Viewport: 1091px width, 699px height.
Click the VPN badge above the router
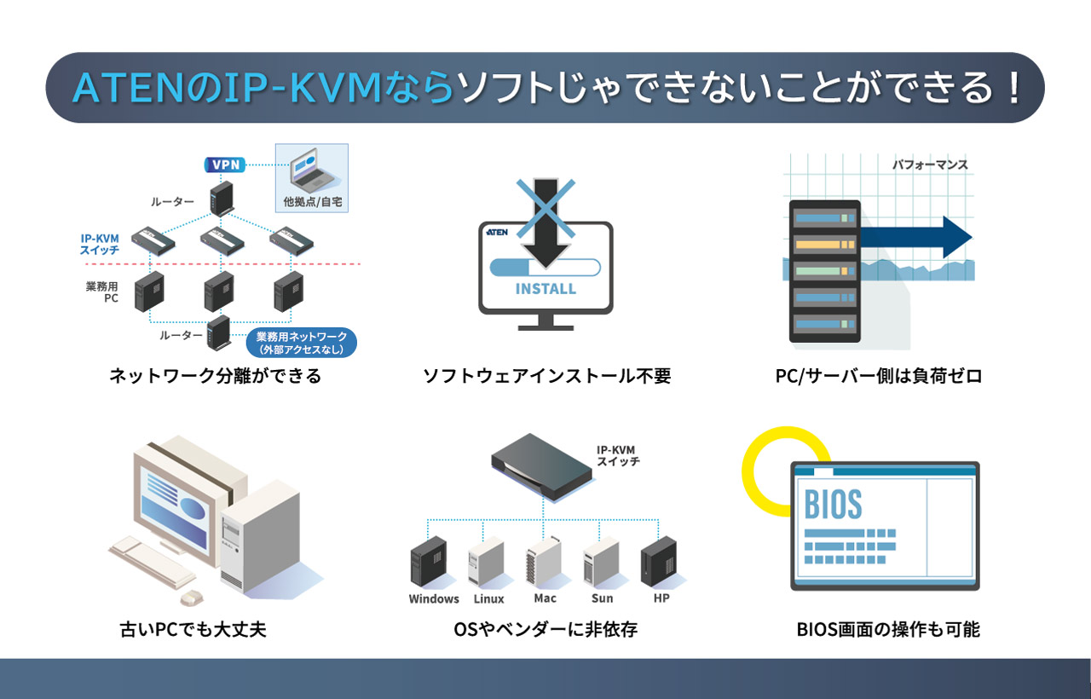(224, 165)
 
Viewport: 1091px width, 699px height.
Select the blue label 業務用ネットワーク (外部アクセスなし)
(301, 343)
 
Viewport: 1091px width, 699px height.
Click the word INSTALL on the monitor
(545, 288)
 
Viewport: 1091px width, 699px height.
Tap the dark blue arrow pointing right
(921, 237)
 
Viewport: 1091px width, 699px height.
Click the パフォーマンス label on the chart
(930, 165)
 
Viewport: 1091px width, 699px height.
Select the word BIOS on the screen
(834, 504)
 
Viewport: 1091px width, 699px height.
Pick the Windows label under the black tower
(434, 598)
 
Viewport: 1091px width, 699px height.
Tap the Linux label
(488, 598)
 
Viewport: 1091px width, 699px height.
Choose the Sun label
(602, 598)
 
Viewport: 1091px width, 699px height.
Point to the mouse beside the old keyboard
(191, 596)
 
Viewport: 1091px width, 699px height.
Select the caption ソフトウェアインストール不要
(546, 375)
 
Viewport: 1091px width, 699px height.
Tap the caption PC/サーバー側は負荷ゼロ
(878, 375)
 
